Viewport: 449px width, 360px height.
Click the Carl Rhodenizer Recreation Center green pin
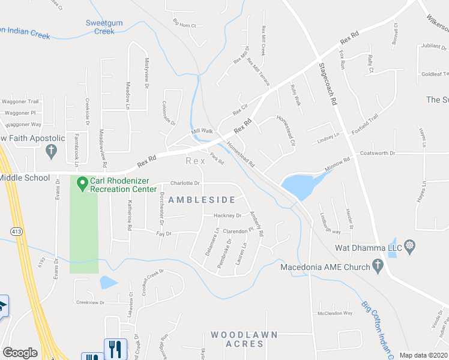tap(82, 184)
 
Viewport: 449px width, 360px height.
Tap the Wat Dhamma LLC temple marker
tap(411, 245)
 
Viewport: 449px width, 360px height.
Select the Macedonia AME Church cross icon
tap(378, 265)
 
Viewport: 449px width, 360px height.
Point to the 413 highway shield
tap(14, 230)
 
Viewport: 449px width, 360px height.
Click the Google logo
tap(20, 353)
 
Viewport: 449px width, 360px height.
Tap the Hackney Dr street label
tap(228, 215)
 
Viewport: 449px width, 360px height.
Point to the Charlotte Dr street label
tap(184, 183)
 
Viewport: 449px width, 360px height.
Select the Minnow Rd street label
tap(337, 165)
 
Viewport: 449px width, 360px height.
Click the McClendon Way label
tap(335, 313)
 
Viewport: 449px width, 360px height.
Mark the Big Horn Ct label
tap(185, 25)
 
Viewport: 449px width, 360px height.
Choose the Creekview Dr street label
tap(91, 303)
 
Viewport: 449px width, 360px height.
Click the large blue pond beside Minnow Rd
tap(300, 186)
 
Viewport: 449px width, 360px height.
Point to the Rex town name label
tap(191, 161)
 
